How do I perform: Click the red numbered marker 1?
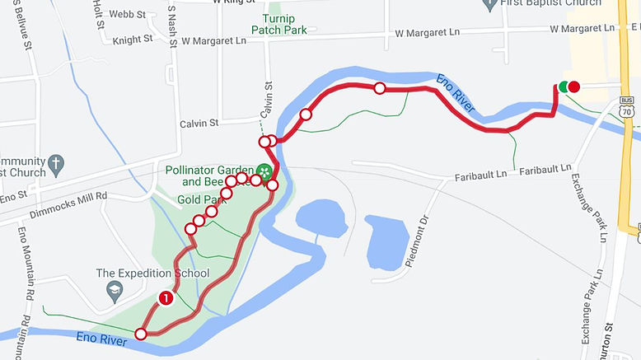(166, 298)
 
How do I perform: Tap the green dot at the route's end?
(564, 86)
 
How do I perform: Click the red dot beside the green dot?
(574, 86)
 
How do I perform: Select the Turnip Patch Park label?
(267, 25)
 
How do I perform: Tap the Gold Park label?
(201, 199)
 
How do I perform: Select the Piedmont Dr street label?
(418, 241)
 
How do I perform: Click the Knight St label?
(133, 39)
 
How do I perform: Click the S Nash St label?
(171, 29)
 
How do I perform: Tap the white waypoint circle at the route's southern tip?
(141, 334)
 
